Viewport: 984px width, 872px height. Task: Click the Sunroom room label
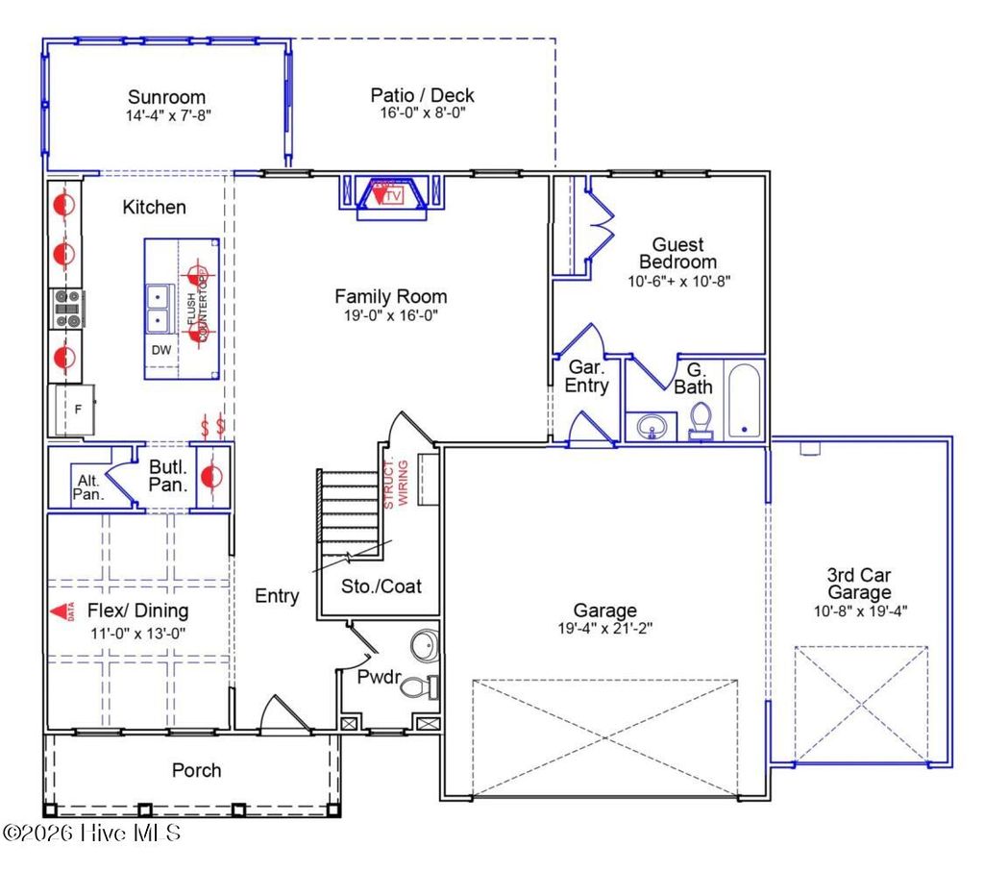tap(167, 97)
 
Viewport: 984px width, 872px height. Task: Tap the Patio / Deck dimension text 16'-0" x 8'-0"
tap(422, 112)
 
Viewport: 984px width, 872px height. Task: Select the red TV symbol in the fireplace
tap(390, 194)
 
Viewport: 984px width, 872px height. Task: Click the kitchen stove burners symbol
tap(67, 309)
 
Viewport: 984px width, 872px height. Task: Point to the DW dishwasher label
tap(161, 350)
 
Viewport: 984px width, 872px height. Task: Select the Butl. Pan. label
tap(167, 477)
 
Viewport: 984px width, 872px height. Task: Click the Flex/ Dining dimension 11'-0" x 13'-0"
tap(137, 633)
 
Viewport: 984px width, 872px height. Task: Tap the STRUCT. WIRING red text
tap(396, 484)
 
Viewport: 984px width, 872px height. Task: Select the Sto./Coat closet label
tap(381, 585)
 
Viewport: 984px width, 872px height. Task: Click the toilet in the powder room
tap(417, 686)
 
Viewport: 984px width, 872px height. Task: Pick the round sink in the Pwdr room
tap(423, 644)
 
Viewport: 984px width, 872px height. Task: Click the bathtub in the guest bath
tap(744, 401)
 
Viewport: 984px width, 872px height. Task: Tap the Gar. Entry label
tap(586, 377)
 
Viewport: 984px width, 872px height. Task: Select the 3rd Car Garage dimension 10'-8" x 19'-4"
tap(859, 610)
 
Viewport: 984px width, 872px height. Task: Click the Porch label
tap(196, 770)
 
